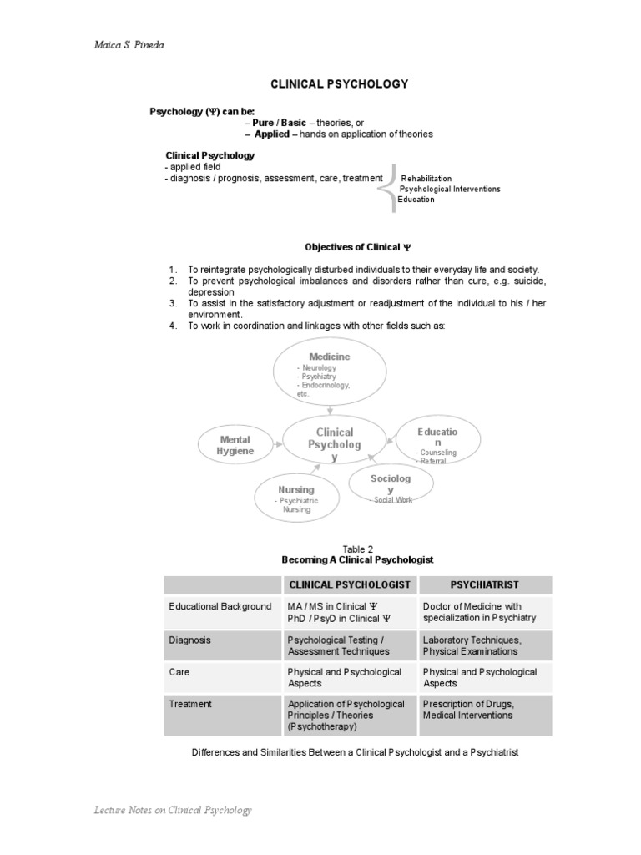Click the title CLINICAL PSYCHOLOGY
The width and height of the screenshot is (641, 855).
pyautogui.click(x=338, y=84)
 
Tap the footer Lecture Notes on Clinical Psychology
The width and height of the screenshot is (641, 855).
pyautogui.click(x=173, y=810)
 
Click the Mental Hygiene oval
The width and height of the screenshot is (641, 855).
pyautogui.click(x=235, y=445)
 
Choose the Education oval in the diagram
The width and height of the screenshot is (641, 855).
pyautogui.click(x=437, y=443)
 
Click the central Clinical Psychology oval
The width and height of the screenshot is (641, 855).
pyautogui.click(x=335, y=443)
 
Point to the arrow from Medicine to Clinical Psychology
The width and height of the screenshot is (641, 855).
pyautogui.click(x=331, y=409)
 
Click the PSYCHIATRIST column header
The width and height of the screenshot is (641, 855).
pyautogui.click(x=485, y=585)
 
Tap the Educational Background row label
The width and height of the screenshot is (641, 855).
pyautogui.click(x=220, y=606)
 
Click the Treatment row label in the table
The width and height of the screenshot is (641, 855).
pyautogui.click(x=190, y=704)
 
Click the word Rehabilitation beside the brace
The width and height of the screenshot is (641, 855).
pyautogui.click(x=426, y=179)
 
